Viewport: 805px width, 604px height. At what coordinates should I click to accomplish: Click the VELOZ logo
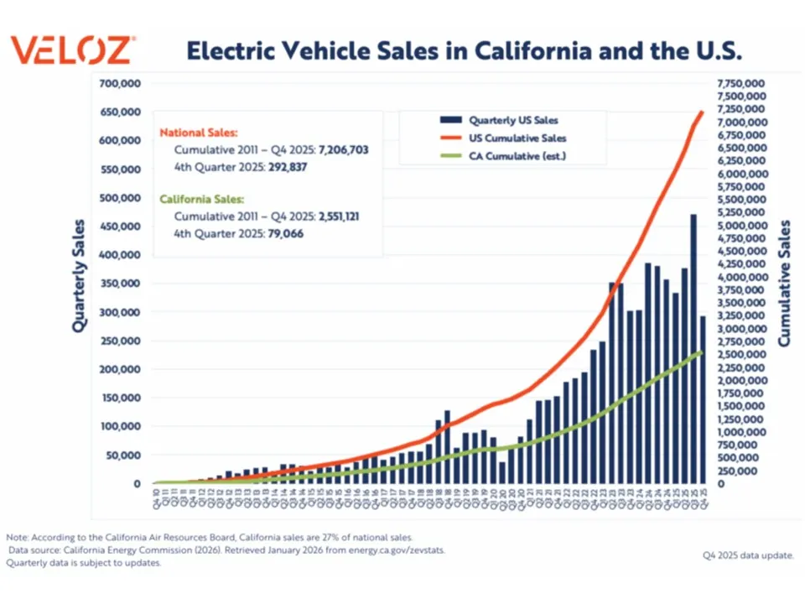click(x=70, y=50)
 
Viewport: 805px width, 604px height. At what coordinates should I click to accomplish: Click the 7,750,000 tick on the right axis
click(x=740, y=84)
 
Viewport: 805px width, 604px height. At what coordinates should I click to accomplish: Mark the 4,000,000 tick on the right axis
click(x=740, y=278)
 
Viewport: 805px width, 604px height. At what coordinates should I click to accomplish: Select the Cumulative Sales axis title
click(x=785, y=284)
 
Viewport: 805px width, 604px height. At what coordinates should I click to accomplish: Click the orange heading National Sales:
click(x=199, y=133)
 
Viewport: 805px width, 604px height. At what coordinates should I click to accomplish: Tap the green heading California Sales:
click(x=202, y=200)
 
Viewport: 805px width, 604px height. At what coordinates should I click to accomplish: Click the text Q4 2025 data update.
click(x=747, y=555)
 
